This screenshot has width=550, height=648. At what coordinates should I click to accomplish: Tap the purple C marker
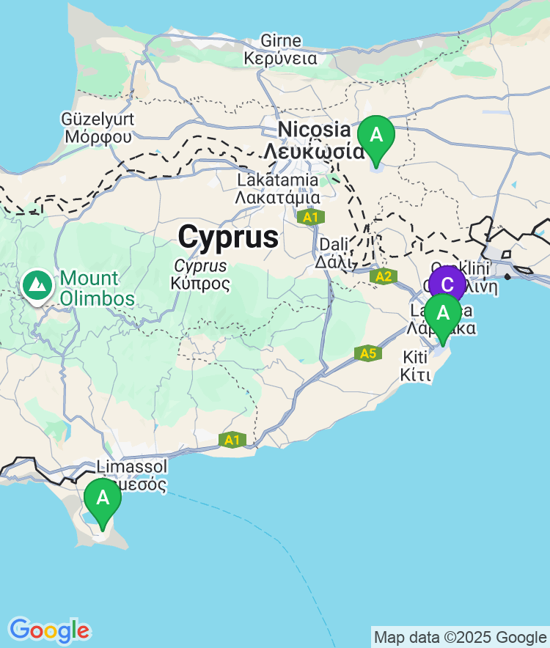pos(447,284)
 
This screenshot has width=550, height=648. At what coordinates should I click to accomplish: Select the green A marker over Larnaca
pos(443,314)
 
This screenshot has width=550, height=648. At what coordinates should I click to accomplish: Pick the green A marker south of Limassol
pos(103,498)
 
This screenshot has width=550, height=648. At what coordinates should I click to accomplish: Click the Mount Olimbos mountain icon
pos(36,284)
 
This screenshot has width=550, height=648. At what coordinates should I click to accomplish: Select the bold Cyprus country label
pos(228,237)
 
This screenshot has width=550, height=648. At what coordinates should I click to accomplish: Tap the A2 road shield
pos(383,276)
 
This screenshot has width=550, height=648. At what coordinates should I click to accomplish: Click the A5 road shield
pos(368,353)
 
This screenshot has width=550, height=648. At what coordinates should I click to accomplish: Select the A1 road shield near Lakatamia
pos(310,217)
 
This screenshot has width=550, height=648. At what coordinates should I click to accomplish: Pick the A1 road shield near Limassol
pos(232,440)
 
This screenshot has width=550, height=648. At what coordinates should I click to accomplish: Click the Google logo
pos(49,630)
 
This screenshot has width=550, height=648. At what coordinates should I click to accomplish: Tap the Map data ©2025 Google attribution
pos(460,637)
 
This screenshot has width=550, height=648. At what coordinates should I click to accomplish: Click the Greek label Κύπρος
pos(200,283)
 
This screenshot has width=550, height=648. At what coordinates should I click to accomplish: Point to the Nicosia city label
pos(314,130)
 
